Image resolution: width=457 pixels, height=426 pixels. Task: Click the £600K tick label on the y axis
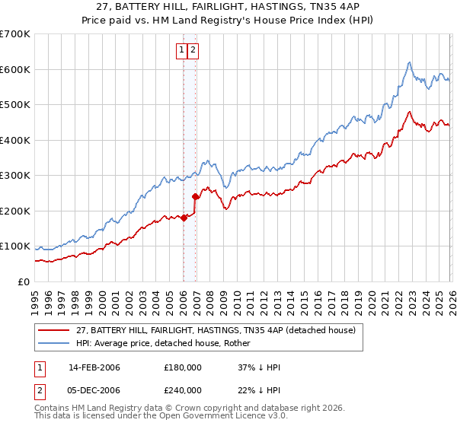(x=15, y=69)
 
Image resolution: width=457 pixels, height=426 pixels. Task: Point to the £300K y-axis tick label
(x=15, y=176)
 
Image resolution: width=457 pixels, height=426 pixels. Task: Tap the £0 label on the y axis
(x=24, y=282)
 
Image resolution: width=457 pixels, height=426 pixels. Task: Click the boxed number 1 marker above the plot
(x=182, y=51)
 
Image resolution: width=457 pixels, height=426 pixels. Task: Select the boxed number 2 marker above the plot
(x=193, y=51)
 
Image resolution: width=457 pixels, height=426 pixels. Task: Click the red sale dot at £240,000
(x=195, y=196)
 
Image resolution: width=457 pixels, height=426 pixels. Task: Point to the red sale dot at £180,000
(x=184, y=218)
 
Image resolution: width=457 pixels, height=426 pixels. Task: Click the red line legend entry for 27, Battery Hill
(x=216, y=330)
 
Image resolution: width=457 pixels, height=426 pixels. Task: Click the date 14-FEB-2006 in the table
(x=94, y=367)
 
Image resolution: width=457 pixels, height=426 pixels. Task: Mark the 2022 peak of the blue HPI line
(x=409, y=62)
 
